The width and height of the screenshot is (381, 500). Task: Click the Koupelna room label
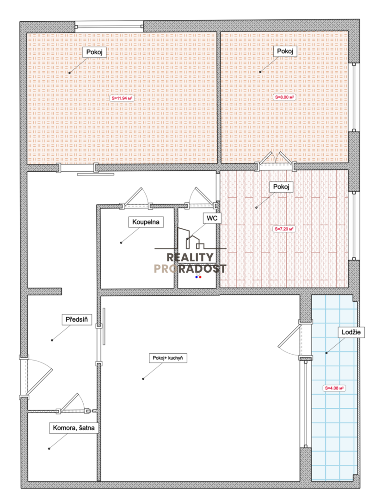[146, 222]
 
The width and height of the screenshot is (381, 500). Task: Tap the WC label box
[212, 218]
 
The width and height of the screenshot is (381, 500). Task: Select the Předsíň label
[76, 319]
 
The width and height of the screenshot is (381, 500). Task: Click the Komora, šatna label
[74, 428]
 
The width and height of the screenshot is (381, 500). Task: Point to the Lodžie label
[351, 332]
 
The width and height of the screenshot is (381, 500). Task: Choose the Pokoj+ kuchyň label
[167, 358]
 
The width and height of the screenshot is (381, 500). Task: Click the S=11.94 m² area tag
[122, 98]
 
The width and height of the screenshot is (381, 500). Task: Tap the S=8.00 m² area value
[284, 97]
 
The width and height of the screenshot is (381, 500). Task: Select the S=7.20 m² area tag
[284, 229]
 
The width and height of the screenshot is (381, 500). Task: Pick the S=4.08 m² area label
[334, 388]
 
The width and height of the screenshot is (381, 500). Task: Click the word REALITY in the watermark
[190, 257]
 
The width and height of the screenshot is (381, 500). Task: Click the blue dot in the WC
[197, 277]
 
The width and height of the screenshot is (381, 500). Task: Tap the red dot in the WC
[200, 277]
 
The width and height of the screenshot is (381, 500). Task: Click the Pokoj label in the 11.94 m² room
[94, 52]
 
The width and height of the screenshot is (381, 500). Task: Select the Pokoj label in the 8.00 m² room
[285, 51]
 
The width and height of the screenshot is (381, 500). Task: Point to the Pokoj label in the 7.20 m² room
[281, 187]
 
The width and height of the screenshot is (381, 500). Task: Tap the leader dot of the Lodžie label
[326, 353]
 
